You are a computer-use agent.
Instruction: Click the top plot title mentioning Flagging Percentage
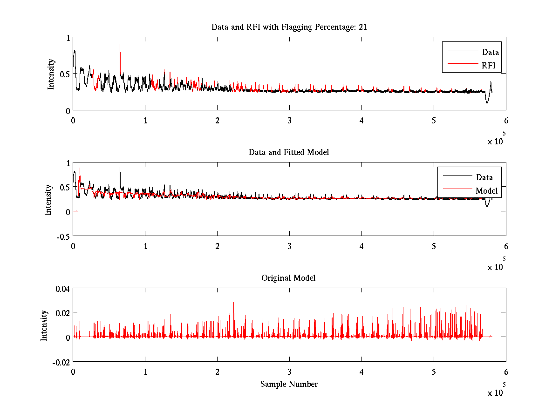coord(289,27)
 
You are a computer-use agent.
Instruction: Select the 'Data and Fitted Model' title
coord(289,152)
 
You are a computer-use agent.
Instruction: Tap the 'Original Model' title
coord(288,278)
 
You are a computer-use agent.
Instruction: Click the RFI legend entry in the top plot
coord(490,66)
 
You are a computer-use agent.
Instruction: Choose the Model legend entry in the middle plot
coord(486,191)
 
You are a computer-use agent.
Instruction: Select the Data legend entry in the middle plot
coord(484,177)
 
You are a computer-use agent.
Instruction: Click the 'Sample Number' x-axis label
coord(289,384)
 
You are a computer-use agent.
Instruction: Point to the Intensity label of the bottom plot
coord(44,325)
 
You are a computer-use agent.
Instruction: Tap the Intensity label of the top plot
coord(51,74)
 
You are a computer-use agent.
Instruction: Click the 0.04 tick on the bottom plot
coord(62,289)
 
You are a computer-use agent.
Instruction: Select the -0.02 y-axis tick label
coord(61,362)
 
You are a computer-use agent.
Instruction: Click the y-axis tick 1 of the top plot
coord(68,38)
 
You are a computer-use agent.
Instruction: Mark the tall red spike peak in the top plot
coord(120,45)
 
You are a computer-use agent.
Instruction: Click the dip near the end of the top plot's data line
coord(487,102)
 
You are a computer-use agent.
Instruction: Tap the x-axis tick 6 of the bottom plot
coord(506,372)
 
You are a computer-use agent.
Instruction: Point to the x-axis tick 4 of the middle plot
coord(361,246)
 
